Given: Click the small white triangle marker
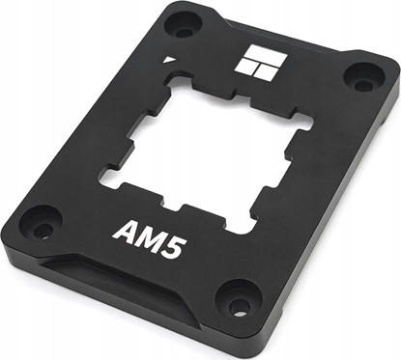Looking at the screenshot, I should click(171, 59).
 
